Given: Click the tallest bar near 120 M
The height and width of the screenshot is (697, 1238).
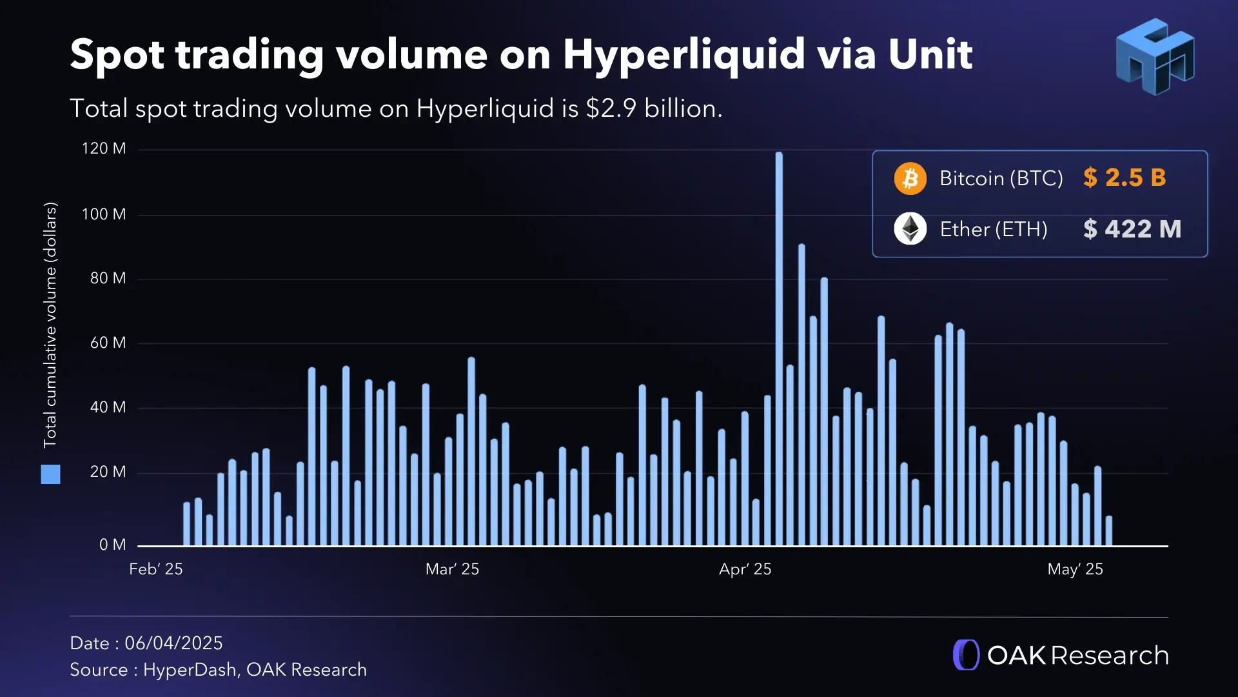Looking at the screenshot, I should click(x=779, y=348).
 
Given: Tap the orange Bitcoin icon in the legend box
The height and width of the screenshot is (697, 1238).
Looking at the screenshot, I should click(x=910, y=178).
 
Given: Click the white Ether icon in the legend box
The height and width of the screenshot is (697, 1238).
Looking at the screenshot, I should click(x=910, y=228).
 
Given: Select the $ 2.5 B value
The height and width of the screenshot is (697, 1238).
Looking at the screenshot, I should click(x=1125, y=177).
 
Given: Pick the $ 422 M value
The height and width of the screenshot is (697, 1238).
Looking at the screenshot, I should click(x=1132, y=229).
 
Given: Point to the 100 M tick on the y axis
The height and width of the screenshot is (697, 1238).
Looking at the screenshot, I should click(x=104, y=214).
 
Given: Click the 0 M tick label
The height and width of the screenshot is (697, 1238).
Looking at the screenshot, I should click(x=112, y=545).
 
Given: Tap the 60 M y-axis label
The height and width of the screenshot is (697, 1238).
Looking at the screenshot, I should click(x=108, y=343).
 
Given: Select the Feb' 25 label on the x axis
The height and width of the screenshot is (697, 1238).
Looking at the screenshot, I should click(x=155, y=569).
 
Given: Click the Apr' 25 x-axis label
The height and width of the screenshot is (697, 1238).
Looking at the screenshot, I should click(x=745, y=569).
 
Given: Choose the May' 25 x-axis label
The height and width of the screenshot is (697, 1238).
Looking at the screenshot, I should click(x=1075, y=569).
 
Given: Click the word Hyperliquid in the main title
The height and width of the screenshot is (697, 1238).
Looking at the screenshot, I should click(x=683, y=54).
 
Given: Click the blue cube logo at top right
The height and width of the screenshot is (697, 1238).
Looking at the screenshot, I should click(x=1154, y=57).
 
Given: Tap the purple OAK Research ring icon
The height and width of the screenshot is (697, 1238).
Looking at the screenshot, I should click(x=966, y=655).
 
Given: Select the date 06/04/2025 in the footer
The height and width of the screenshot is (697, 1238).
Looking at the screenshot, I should click(x=173, y=643).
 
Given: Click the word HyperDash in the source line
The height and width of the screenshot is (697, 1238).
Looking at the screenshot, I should click(x=190, y=670).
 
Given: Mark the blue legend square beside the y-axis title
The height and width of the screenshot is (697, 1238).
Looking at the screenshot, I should click(x=50, y=474).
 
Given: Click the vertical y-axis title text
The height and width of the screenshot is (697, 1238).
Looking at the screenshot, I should click(x=50, y=325).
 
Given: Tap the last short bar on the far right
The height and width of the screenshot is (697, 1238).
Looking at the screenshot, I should click(x=1108, y=530).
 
